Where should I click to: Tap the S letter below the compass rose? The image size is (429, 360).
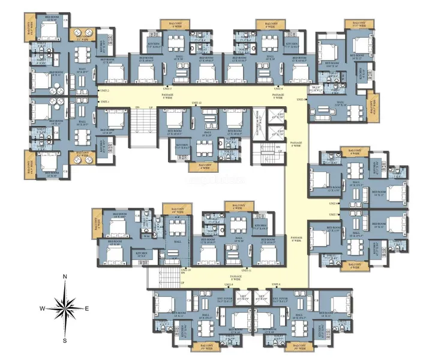tap(65, 340)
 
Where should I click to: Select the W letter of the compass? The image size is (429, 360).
tap(43, 308)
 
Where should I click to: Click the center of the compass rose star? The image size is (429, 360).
tap(65, 308)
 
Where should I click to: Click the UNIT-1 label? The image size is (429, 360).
tap(104, 102)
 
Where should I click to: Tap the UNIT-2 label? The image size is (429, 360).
tap(104, 91)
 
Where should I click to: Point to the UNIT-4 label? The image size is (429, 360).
tap(280, 88)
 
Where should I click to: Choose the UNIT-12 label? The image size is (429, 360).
tap(196, 103)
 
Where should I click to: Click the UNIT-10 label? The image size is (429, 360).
tap(186, 269)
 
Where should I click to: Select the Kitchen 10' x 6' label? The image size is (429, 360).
tap(142, 255)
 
